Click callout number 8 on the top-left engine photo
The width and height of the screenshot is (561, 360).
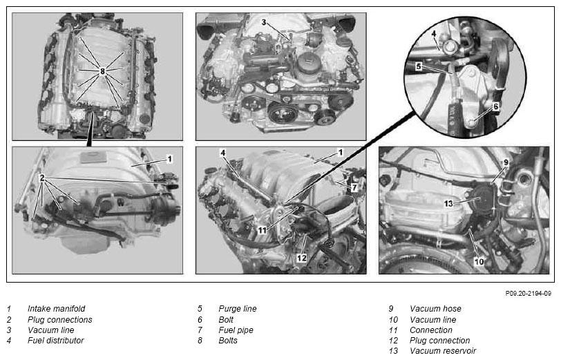click(x=102, y=71)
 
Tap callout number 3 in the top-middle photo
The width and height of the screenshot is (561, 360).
click(x=264, y=22)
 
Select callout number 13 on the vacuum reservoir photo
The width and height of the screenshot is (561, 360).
click(x=448, y=204)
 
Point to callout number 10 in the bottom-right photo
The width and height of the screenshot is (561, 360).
click(x=479, y=262)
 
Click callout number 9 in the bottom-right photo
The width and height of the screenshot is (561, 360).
click(x=506, y=162)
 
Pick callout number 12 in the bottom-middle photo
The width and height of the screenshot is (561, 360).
click(x=302, y=258)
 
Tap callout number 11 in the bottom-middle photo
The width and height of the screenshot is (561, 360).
click(x=263, y=231)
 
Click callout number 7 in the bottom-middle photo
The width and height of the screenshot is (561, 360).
click(x=354, y=187)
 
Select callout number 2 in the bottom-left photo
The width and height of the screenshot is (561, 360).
click(x=42, y=178)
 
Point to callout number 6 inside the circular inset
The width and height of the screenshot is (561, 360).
click(x=496, y=106)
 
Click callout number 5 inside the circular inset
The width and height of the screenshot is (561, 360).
click(x=419, y=66)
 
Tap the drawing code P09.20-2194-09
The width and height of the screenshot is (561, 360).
click(x=528, y=294)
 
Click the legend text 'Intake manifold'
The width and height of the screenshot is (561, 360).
click(x=57, y=308)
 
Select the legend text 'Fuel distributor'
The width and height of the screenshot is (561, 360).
click(x=56, y=341)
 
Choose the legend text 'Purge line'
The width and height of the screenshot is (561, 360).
click(x=238, y=308)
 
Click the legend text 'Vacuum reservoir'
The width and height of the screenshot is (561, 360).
click(x=443, y=351)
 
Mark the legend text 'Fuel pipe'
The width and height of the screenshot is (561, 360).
click(x=236, y=330)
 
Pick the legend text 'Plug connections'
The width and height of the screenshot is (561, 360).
click(x=60, y=319)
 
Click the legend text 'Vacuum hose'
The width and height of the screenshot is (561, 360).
click(x=435, y=308)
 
